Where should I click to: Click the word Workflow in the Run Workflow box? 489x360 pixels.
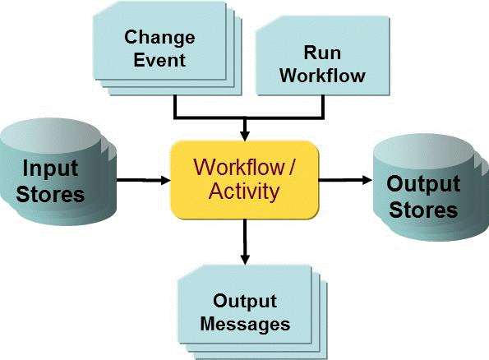[321, 75]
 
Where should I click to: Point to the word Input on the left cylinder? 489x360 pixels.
[50, 169]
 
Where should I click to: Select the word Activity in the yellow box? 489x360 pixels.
[244, 192]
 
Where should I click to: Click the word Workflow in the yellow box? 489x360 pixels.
[234, 167]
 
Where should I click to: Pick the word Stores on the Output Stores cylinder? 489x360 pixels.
[423, 209]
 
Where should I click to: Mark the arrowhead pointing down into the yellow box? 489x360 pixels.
[244, 135]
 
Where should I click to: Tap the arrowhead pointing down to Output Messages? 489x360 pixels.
[244, 260]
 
